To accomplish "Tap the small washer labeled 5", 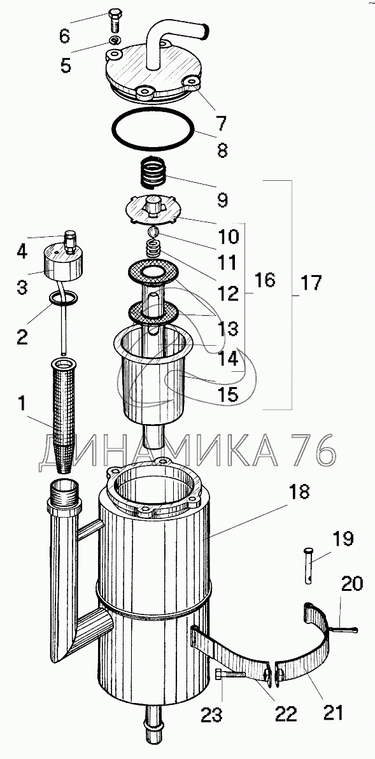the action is pyautogui.click(x=115, y=40).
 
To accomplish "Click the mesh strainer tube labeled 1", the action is pyautogui.click(x=64, y=414).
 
